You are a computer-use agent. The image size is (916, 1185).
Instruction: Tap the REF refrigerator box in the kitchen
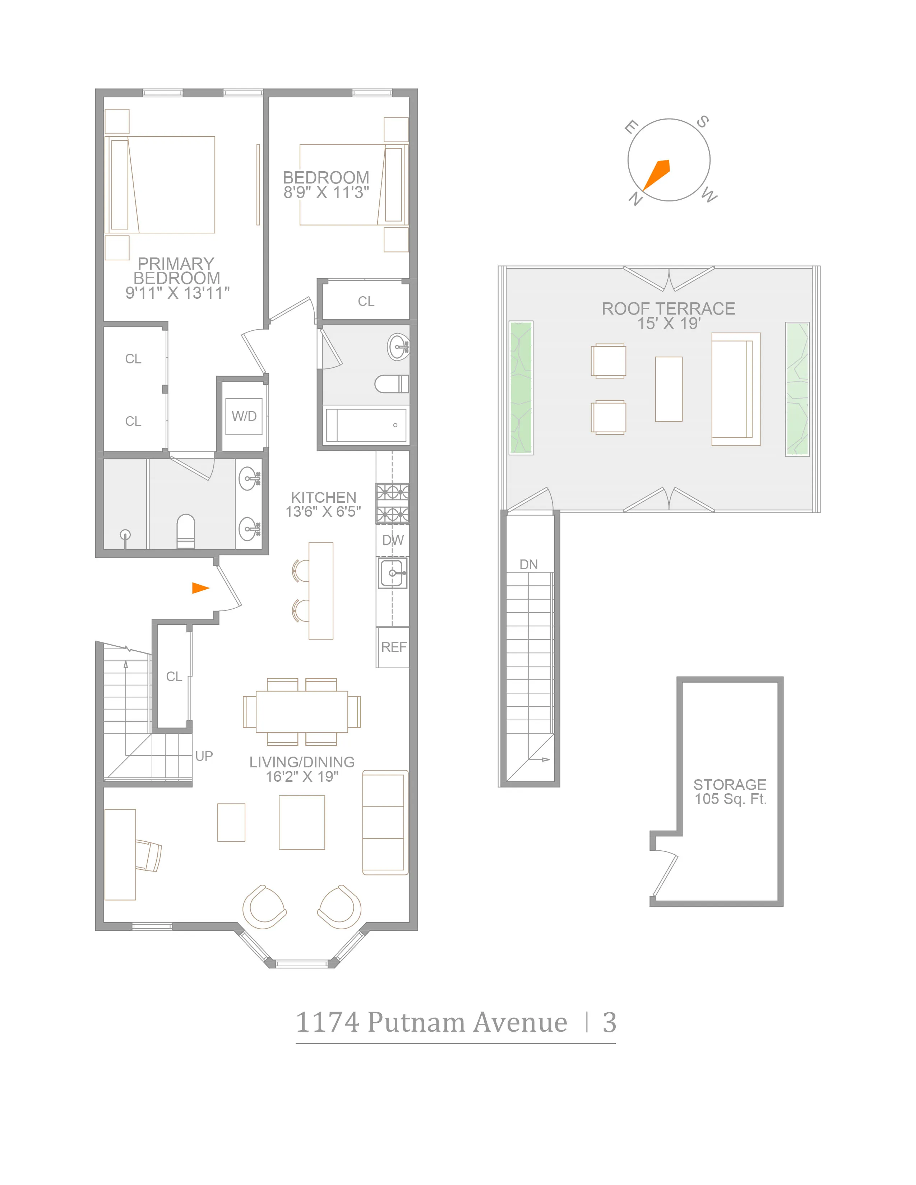coord(393,647)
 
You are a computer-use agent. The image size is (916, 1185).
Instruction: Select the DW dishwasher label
coord(393,540)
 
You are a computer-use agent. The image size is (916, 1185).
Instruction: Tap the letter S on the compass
coord(702,121)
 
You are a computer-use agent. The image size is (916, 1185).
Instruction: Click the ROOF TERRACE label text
coord(668,309)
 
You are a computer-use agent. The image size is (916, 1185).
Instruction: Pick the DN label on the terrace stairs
coord(528,564)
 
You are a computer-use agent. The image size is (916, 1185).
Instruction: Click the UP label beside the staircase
coord(204,756)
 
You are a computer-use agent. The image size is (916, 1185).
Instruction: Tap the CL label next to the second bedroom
coord(366,301)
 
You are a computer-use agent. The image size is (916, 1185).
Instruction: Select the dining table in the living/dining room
coord(302,711)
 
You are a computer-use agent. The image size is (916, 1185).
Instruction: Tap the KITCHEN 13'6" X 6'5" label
coord(323,504)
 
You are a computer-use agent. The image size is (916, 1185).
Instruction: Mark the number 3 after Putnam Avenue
coord(609,1022)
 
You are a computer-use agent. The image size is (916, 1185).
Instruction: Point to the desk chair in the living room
coord(148,856)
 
